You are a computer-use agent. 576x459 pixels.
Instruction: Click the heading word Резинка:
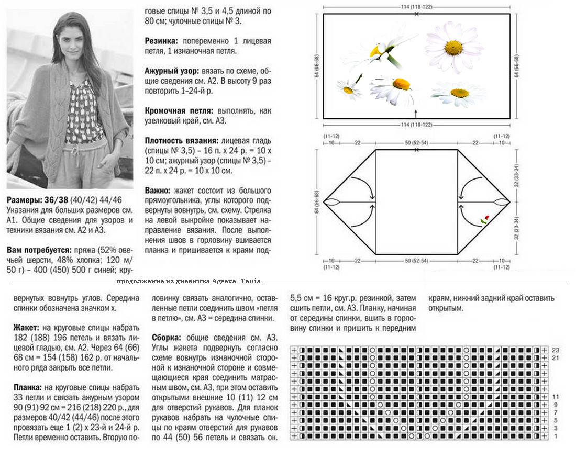pos(161,41)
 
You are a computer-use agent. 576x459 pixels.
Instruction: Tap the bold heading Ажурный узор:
pos(172,71)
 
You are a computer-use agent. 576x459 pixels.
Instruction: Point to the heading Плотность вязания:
pos(182,141)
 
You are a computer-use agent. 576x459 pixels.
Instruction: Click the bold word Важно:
pos(157,191)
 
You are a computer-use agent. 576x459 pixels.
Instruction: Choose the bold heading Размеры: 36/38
pos(38,200)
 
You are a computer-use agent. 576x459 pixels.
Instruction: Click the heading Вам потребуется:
pos(39,250)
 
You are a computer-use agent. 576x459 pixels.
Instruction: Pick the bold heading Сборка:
pos(167,338)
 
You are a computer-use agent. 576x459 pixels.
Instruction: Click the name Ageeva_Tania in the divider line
pos(236,281)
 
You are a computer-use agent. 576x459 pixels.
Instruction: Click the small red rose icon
pos(485,220)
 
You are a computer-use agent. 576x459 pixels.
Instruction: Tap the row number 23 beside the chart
pos(556,350)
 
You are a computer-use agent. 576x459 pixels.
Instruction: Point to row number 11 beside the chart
pos(556,397)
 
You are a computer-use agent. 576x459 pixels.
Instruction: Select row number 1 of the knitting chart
pos(556,436)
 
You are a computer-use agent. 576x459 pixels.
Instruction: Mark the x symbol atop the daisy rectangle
pos(416,14)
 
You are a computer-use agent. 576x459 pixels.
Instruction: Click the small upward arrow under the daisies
pos(416,113)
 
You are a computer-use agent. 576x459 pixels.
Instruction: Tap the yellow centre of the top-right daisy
pos(455,47)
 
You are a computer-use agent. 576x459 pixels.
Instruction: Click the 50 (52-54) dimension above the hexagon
pos(416,142)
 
